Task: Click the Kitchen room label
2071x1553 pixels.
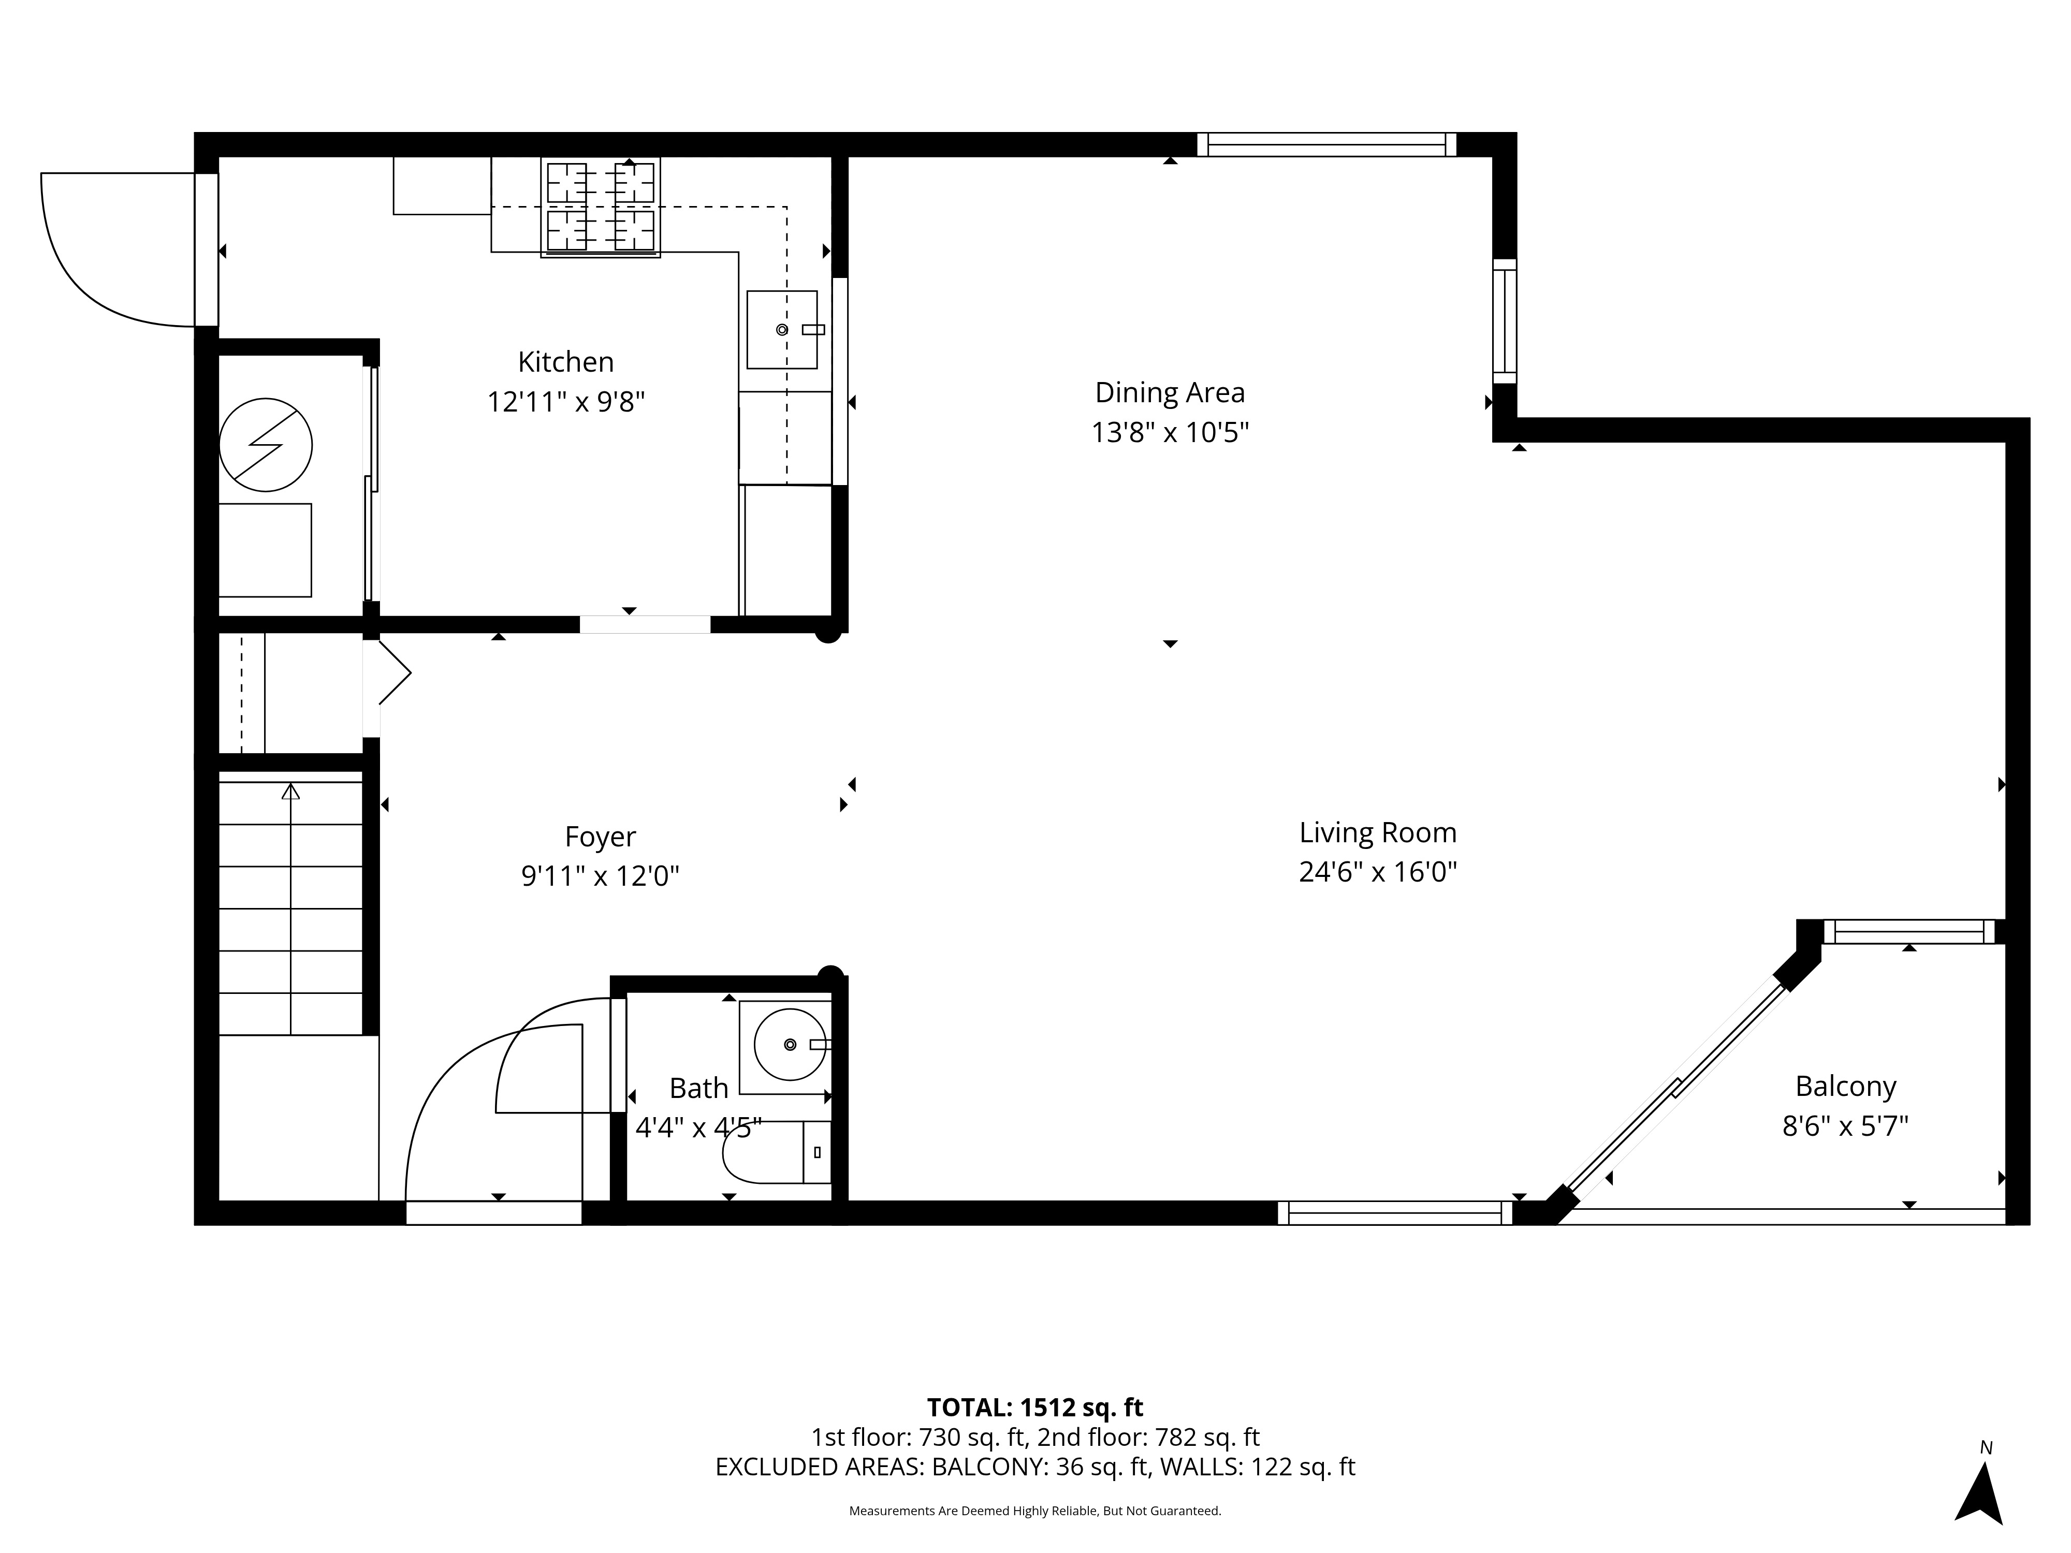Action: [x=565, y=361]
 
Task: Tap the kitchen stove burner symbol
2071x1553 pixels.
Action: [x=600, y=207]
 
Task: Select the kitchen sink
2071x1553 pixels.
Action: [x=782, y=330]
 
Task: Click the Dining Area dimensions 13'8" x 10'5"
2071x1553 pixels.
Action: [x=1170, y=432]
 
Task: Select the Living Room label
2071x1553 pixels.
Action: [x=1377, y=832]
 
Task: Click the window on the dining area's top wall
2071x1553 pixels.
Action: [x=1326, y=144]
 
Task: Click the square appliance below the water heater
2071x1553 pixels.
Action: [x=265, y=550]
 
